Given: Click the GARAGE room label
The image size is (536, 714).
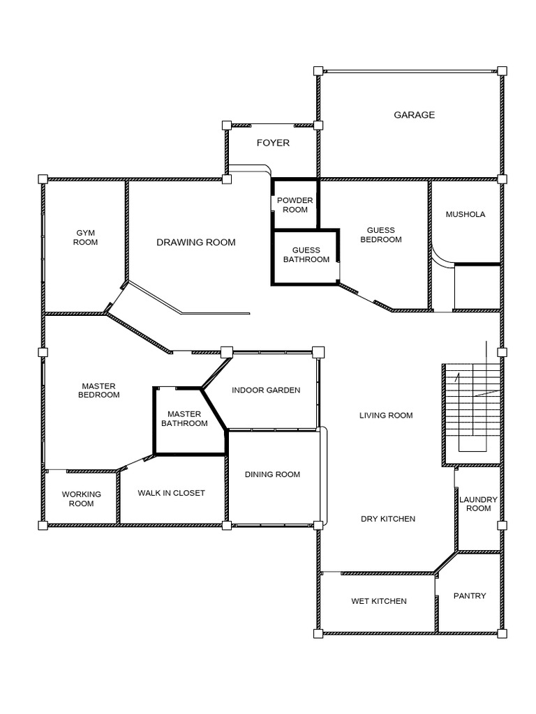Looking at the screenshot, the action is point(414,115).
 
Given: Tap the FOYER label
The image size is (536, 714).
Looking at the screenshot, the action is point(273,142).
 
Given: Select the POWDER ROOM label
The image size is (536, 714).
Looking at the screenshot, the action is point(295,205).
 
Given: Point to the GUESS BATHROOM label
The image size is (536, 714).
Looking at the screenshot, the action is point(306,255).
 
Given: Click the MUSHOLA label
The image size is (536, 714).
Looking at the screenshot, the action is point(466,214).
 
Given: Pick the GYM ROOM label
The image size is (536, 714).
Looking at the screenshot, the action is point(85,237).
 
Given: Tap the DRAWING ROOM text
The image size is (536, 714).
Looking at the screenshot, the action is point(196,242).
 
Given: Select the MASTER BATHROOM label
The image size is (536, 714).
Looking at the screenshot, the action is point(184,418).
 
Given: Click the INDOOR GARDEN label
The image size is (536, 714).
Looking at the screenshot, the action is point(266,390).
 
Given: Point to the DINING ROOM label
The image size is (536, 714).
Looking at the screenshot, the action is point(273,474).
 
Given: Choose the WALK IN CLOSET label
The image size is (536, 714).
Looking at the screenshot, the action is point(172,493).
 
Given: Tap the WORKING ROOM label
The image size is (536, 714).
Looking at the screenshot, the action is point(81,499).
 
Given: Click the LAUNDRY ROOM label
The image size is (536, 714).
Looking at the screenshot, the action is point(478,503).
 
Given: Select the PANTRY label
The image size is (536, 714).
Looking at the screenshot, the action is point(470,595).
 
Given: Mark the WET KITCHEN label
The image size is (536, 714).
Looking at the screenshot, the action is point(379,601).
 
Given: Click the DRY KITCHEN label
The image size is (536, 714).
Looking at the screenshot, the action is point(388,519).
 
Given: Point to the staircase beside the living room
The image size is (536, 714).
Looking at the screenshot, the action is point(472,407).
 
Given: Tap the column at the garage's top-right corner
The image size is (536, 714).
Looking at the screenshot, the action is point(502,70).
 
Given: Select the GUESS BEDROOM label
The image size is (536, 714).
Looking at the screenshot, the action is point(381,234).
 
